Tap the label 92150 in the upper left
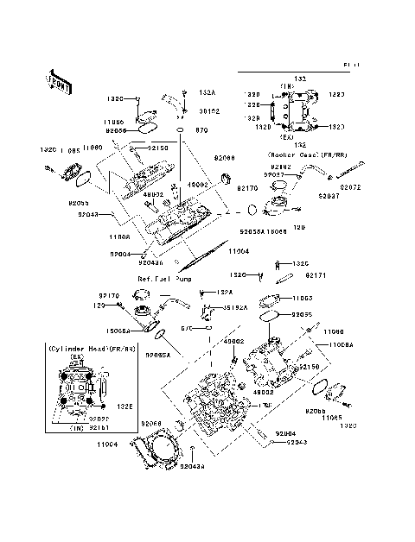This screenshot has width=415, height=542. point(157,148)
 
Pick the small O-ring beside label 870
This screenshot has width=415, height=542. point(180,130)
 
